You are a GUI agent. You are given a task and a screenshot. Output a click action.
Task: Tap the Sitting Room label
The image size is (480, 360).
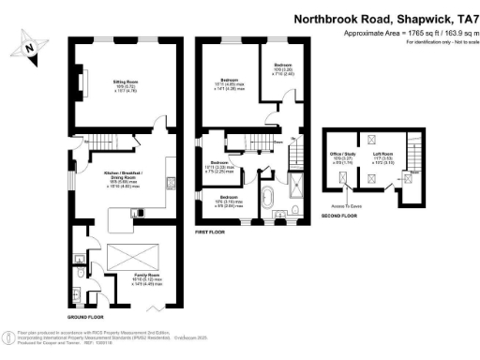tap(113, 86)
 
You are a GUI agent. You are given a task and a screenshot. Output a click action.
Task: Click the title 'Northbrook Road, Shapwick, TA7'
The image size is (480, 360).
tap(385, 18)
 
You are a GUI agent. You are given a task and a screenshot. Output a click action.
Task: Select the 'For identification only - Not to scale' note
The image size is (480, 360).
tap(413, 43)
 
